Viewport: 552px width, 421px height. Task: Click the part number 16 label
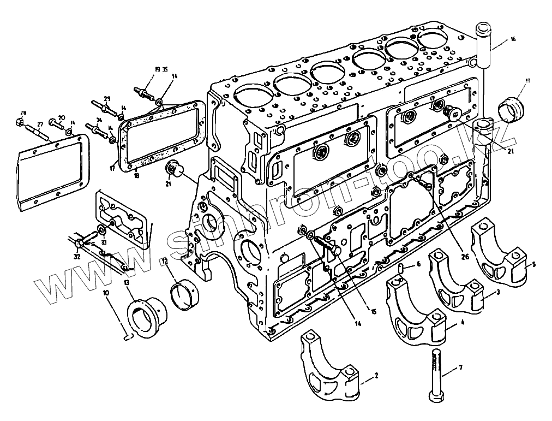tap(513, 39)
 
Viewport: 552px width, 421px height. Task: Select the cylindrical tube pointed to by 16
tap(484, 44)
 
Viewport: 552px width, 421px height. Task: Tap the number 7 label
tap(460, 367)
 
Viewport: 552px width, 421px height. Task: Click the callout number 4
tap(463, 323)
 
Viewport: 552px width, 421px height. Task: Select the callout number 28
tap(21, 113)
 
